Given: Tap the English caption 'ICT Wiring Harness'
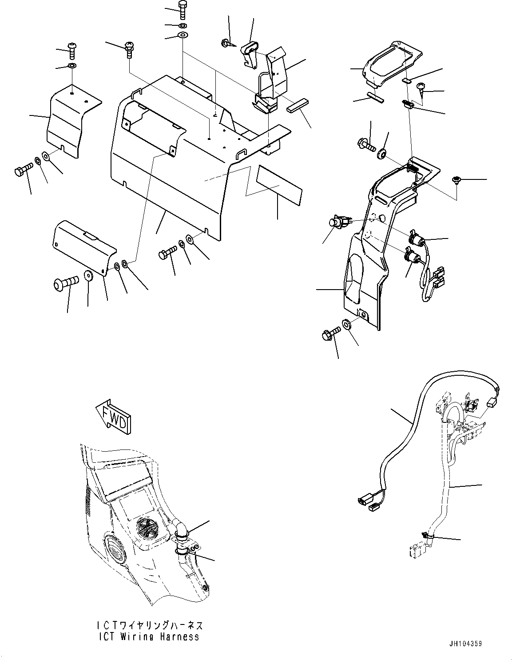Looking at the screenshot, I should click(149, 636).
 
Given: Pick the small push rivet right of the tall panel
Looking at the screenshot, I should click(456, 180).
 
